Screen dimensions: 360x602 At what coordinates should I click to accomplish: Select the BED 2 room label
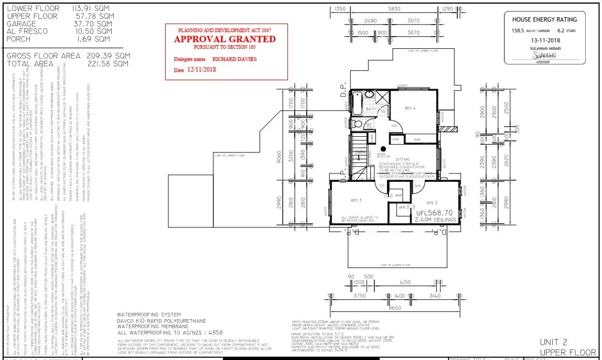pyautogui.click(x=432, y=202)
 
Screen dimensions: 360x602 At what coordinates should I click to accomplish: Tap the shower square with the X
pyautogui.click(x=382, y=97)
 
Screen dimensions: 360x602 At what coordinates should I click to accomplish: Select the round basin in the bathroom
pyautogui.click(x=369, y=95)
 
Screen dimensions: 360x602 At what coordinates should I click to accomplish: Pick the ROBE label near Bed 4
pyautogui.click(x=417, y=139)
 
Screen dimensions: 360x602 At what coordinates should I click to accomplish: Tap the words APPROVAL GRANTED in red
pyautogui.click(x=225, y=39)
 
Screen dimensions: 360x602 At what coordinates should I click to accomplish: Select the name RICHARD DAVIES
pyautogui.click(x=235, y=59)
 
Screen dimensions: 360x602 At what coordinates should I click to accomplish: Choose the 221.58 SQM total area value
pyautogui.click(x=107, y=63)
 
